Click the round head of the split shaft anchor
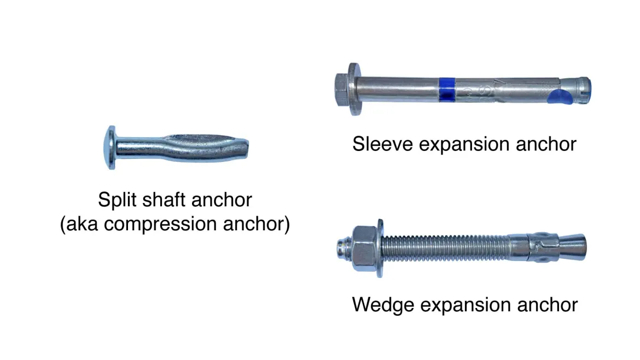(110, 147)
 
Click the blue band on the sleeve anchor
(447, 89)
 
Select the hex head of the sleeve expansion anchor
(342, 89)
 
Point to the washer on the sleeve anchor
(354, 89)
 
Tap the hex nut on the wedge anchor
(364, 248)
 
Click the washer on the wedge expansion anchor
(380, 248)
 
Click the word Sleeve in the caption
(382, 144)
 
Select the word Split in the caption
(117, 200)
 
